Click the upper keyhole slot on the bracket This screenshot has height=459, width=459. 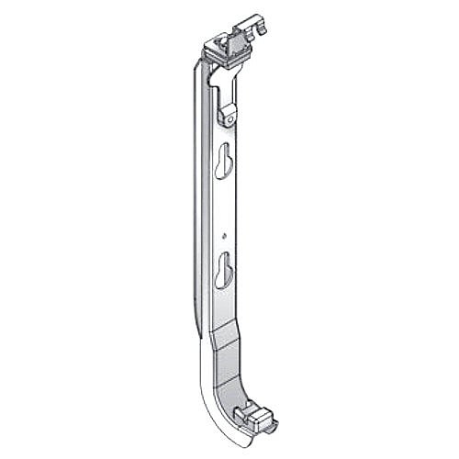[x=222, y=166]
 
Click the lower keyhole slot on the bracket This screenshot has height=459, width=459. [x=223, y=268]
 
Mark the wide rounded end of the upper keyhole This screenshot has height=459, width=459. [x=222, y=171]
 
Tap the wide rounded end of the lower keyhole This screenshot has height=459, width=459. [x=223, y=274]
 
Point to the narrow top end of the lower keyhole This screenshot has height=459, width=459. [x=223, y=256]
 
